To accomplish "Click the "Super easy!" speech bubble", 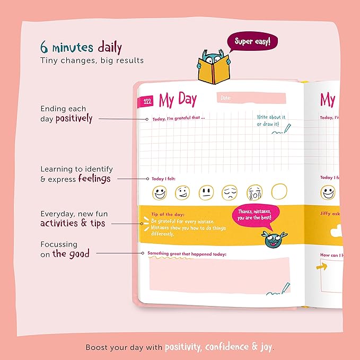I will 252,42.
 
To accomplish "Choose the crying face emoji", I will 253,192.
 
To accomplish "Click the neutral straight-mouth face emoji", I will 206,192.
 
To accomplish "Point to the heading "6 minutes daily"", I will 81,48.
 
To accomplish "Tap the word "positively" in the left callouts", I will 74,119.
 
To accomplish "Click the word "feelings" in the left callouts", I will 94,179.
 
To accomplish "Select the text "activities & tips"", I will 73,223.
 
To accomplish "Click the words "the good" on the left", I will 71,254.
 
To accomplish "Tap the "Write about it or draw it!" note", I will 271,120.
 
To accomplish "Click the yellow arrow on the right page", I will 322,267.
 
